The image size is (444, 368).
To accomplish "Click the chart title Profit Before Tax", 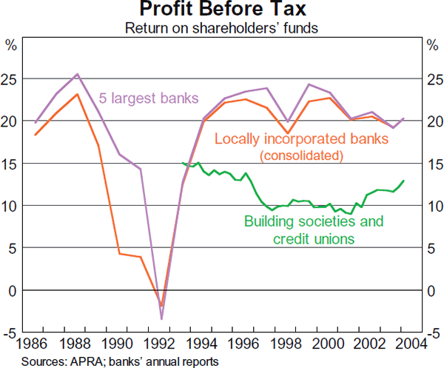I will (x=222, y=10).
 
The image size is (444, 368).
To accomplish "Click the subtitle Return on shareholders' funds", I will (x=222, y=28).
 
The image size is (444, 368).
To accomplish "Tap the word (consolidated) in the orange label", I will (x=302, y=155).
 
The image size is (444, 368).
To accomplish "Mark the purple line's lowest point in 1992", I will (x=161, y=319).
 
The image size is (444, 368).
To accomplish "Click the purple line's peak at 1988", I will (x=78, y=74).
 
